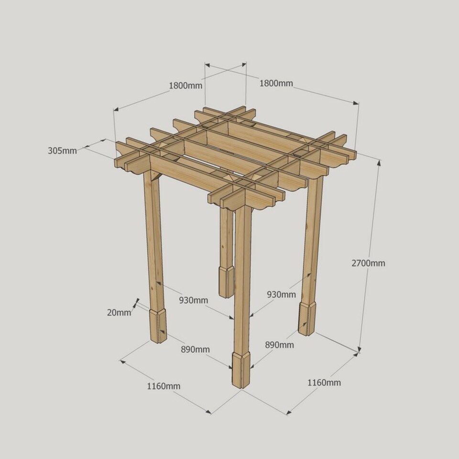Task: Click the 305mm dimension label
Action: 62,151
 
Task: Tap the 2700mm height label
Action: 368,263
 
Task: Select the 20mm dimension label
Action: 119,313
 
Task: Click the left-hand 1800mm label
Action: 186,86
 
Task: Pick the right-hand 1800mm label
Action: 276,83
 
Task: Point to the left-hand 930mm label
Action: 194,300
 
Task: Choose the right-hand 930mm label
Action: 281,294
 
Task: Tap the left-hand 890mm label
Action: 195,349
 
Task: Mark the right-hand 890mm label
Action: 279,345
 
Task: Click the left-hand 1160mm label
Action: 164,386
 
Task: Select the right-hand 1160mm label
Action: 324,382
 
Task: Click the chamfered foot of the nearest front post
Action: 241,370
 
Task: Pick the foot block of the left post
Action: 158,326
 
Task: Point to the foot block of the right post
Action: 307,319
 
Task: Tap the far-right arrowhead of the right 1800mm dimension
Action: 356,103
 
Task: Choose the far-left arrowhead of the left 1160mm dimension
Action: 123,362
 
